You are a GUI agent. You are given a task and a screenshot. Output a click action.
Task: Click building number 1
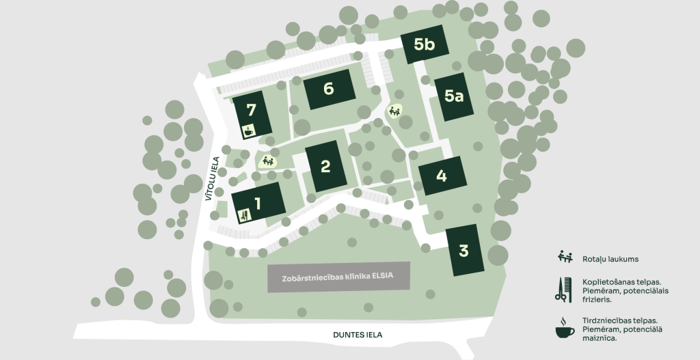pyautogui.click(x=258, y=202)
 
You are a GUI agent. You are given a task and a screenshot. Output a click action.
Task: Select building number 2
pyautogui.click(x=326, y=166)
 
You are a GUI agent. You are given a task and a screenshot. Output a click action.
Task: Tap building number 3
pyautogui.click(x=464, y=250)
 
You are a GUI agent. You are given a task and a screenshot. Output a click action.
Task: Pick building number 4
pyautogui.click(x=442, y=176)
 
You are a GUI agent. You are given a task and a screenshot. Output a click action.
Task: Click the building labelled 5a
pyautogui.click(x=453, y=96)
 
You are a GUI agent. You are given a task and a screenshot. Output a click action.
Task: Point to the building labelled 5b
pyautogui.click(x=425, y=44)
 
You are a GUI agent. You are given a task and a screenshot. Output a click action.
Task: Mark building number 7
pyautogui.click(x=252, y=111)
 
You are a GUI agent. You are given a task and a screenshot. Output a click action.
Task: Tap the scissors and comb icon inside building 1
pyautogui.click(x=243, y=216)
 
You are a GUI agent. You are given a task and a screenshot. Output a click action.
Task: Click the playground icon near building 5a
pyautogui.click(x=394, y=111)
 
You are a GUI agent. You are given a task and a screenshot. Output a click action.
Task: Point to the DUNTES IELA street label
pyautogui.click(x=358, y=335)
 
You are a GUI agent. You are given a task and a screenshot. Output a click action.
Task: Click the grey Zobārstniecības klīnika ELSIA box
pyautogui.click(x=338, y=277)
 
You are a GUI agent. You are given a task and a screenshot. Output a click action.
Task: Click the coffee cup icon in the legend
pyautogui.click(x=564, y=328)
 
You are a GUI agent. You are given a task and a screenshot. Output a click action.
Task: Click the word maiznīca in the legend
pyautogui.click(x=601, y=338)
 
